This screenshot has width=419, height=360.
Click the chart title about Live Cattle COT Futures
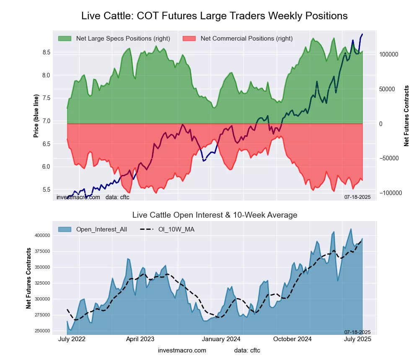(x=214, y=16)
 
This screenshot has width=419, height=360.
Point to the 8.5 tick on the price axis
(x=46, y=52)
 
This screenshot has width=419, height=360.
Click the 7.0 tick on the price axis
(x=46, y=121)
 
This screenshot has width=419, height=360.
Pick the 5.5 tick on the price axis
(x=46, y=190)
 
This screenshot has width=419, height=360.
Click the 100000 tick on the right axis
(x=388, y=55)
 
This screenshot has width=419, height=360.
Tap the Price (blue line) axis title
(x=36, y=116)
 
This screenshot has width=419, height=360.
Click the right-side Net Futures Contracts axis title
(x=406, y=116)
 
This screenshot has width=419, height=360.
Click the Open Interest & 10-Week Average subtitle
(x=215, y=215)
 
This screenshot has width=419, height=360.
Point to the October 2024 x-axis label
(x=292, y=339)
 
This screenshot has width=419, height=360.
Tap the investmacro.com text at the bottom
(x=182, y=350)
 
